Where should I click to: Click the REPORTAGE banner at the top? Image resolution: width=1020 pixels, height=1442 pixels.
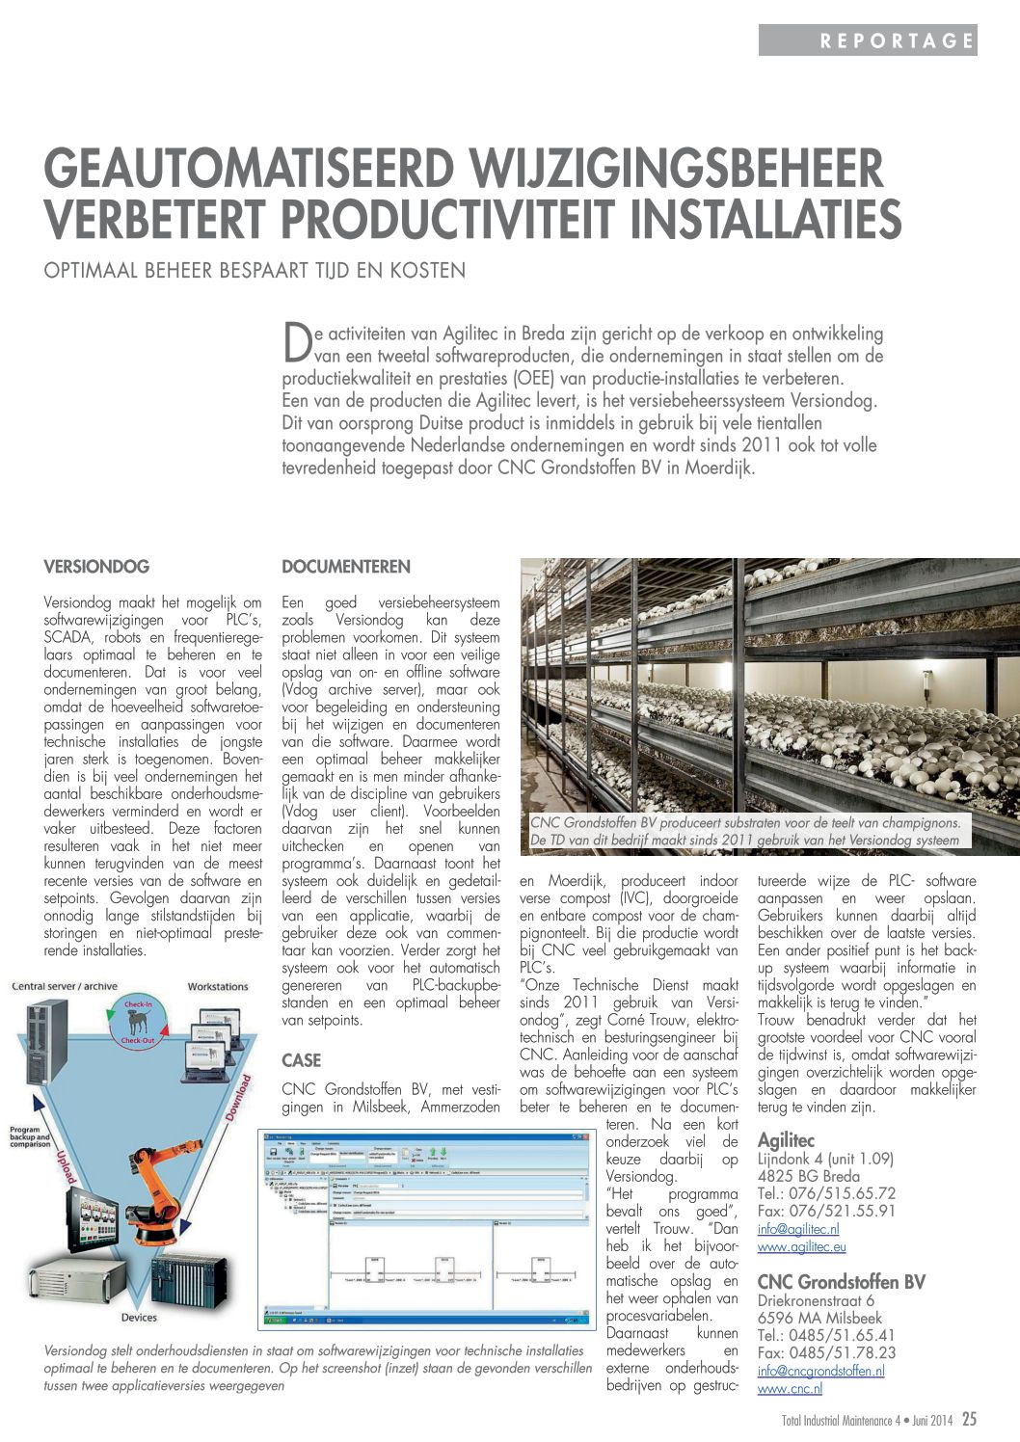(868, 40)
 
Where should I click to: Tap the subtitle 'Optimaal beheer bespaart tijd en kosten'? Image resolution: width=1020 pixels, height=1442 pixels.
(255, 271)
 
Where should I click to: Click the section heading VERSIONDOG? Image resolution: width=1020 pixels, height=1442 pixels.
(96, 567)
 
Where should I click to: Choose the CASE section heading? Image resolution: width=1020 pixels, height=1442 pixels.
(301, 1060)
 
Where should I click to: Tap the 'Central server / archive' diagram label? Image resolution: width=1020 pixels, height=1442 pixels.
(65, 986)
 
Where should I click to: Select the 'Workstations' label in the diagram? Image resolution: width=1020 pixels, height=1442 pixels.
(218, 986)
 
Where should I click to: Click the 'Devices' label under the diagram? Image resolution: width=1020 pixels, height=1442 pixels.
(139, 1318)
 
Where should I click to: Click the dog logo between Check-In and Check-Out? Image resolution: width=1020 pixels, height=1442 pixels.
(137, 1023)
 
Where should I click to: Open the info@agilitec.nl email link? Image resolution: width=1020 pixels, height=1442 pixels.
(798, 1229)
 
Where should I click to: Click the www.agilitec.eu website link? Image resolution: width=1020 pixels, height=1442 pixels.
(801, 1246)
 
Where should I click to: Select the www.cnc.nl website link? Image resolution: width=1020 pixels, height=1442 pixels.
(790, 1389)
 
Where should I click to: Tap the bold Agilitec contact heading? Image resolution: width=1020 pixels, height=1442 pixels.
(786, 1141)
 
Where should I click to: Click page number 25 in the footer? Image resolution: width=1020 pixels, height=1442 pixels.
(969, 1420)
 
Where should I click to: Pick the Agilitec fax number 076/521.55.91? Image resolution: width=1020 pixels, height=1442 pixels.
(826, 1212)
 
